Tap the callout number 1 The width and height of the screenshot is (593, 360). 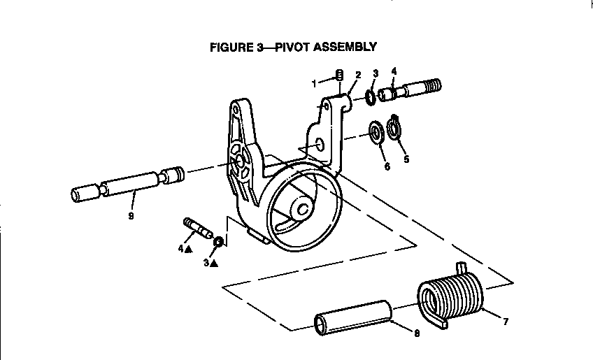click(x=314, y=84)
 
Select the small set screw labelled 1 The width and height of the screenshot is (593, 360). click(x=340, y=75)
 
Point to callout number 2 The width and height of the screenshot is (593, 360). click(x=358, y=75)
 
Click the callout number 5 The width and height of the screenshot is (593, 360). click(x=406, y=159)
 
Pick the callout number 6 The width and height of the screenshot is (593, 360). click(x=387, y=166)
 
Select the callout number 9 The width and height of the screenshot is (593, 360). click(x=131, y=216)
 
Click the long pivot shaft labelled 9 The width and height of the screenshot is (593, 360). click(x=127, y=184)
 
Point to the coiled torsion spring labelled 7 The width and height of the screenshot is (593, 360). click(x=450, y=296)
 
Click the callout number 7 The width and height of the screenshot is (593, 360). click(x=506, y=322)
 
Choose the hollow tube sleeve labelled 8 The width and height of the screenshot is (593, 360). click(x=353, y=317)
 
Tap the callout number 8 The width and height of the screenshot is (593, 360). click(x=417, y=333)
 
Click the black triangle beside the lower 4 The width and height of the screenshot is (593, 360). click(x=188, y=249)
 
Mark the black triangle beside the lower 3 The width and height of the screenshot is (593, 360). click(x=214, y=264)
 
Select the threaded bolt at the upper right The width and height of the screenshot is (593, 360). click(x=410, y=90)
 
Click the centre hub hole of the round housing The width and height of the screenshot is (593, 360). click(x=303, y=209)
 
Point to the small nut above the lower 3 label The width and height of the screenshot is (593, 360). click(x=218, y=241)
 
